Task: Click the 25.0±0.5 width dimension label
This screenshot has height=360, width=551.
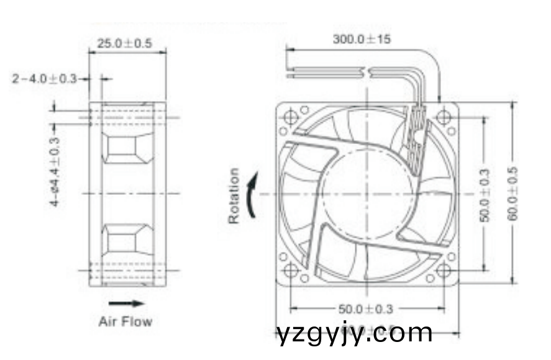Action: [x=124, y=44]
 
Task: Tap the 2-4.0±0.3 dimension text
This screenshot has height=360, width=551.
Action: [x=44, y=79]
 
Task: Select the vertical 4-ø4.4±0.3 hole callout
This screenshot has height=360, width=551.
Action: [x=55, y=168]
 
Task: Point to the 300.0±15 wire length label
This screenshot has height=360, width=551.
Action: [x=362, y=39]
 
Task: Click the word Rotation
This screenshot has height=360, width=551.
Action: [x=234, y=196]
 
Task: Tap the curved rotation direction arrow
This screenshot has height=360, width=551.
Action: [x=252, y=196]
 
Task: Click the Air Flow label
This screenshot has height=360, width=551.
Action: [x=125, y=322]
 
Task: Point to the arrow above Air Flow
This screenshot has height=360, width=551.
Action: [x=126, y=304]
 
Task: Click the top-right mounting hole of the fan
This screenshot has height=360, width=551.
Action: [x=444, y=117]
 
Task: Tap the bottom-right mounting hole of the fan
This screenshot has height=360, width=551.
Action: [x=444, y=271]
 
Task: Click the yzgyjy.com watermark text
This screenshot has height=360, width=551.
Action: [x=354, y=333]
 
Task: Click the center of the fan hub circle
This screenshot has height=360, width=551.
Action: [x=367, y=194]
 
